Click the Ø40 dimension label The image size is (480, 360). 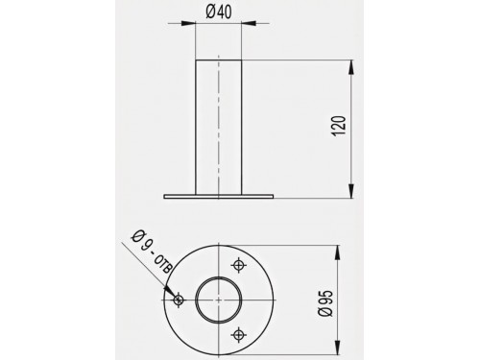coord(219,12)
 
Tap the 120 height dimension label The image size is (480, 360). coord(340,127)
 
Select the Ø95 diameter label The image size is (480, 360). coord(326,303)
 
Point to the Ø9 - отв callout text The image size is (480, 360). coord(153,252)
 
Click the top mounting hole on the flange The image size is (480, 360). coord(238,265)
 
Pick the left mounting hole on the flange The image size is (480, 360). coord(179,300)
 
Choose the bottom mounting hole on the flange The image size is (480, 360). coord(238,335)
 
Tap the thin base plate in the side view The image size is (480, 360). coord(219,197)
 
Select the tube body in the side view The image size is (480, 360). coord(219,127)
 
